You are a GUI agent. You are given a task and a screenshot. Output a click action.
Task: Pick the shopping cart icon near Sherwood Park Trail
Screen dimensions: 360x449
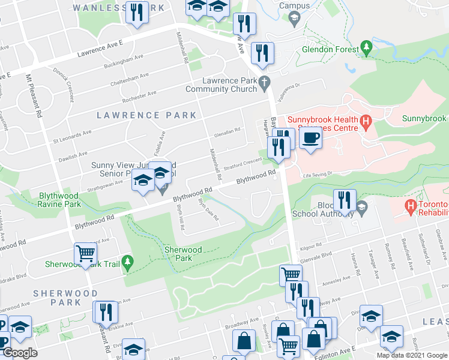(x=86, y=254)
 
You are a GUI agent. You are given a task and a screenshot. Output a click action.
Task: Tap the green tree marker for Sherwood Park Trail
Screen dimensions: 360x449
(x=127, y=262)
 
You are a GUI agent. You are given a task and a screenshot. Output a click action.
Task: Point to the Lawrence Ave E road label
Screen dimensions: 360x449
(x=100, y=50)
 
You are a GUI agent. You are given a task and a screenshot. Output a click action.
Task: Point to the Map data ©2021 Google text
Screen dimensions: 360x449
(x=412, y=355)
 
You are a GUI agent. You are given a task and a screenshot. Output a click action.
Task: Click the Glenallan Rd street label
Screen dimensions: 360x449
(x=228, y=130)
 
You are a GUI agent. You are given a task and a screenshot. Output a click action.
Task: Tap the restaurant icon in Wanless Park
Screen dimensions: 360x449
(x=137, y=12)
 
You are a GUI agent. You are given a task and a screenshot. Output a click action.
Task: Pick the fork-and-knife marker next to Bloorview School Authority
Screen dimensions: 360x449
(x=345, y=200)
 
